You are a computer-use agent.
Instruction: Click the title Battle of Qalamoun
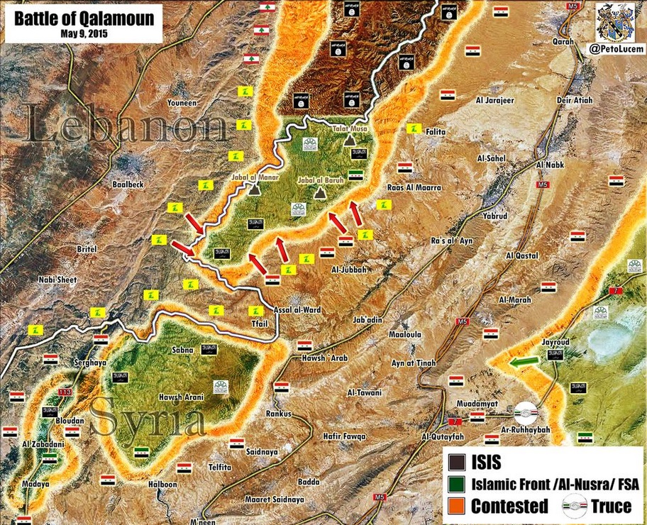(x=84, y=18)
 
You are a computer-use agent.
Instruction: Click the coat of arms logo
(x=615, y=22)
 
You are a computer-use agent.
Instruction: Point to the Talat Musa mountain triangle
(x=350, y=141)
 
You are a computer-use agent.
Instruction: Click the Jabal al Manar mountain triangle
(x=254, y=189)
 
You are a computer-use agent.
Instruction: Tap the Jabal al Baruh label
(x=321, y=181)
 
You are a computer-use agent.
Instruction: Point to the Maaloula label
(x=404, y=334)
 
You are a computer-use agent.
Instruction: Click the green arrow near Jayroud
(x=525, y=362)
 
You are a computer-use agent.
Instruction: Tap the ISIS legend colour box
(x=458, y=463)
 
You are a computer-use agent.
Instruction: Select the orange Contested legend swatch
(x=458, y=506)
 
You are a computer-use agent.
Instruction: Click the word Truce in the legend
(x=611, y=506)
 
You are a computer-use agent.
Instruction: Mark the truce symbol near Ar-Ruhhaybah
(x=526, y=412)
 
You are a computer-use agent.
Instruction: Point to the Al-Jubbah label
(x=348, y=270)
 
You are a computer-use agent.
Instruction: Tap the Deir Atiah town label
(x=575, y=100)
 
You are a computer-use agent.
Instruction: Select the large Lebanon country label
(x=128, y=128)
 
